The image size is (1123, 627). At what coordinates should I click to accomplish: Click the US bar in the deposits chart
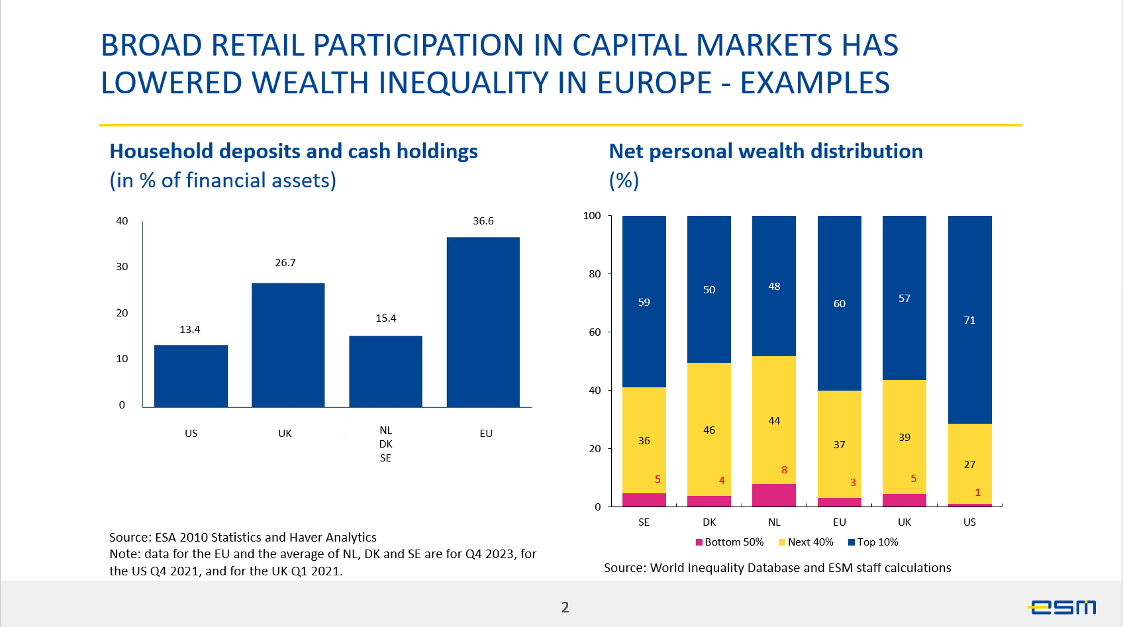[191, 375]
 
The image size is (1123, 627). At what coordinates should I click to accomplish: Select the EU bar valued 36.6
[483, 322]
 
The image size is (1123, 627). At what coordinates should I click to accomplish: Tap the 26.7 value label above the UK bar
[285, 263]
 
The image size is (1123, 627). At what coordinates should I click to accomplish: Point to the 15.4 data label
[386, 318]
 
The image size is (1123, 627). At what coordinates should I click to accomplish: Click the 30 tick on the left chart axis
[122, 267]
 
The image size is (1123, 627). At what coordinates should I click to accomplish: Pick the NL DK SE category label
[386, 444]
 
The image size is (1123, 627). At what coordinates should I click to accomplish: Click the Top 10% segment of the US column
[969, 319]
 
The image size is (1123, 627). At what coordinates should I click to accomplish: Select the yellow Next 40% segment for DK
[709, 429]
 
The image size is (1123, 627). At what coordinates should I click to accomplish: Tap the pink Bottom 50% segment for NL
[774, 495]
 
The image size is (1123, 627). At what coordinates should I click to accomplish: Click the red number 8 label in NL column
[784, 470]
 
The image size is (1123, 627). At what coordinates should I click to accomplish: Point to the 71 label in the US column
[969, 320]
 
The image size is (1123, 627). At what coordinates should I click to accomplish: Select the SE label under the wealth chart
[644, 522]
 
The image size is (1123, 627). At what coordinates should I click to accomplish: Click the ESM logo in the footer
[1062, 606]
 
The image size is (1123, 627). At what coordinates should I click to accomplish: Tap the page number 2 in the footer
[565, 607]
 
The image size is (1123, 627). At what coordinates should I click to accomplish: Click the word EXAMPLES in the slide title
[814, 83]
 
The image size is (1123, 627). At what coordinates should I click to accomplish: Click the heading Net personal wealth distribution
[765, 152]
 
